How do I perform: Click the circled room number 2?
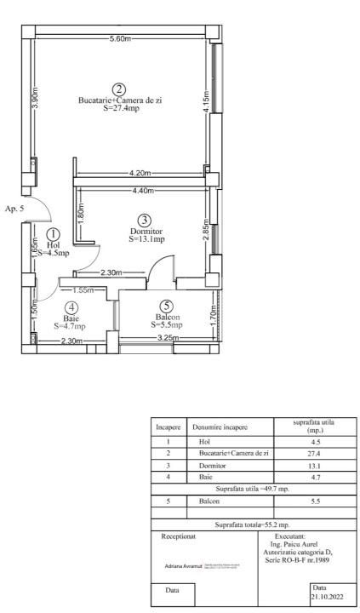(119, 89)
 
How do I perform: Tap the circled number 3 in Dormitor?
(145, 221)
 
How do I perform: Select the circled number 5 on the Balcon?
(167, 306)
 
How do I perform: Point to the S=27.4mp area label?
(119, 110)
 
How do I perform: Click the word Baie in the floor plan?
(71, 317)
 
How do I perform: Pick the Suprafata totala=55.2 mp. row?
(252, 525)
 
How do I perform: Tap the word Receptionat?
(178, 538)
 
